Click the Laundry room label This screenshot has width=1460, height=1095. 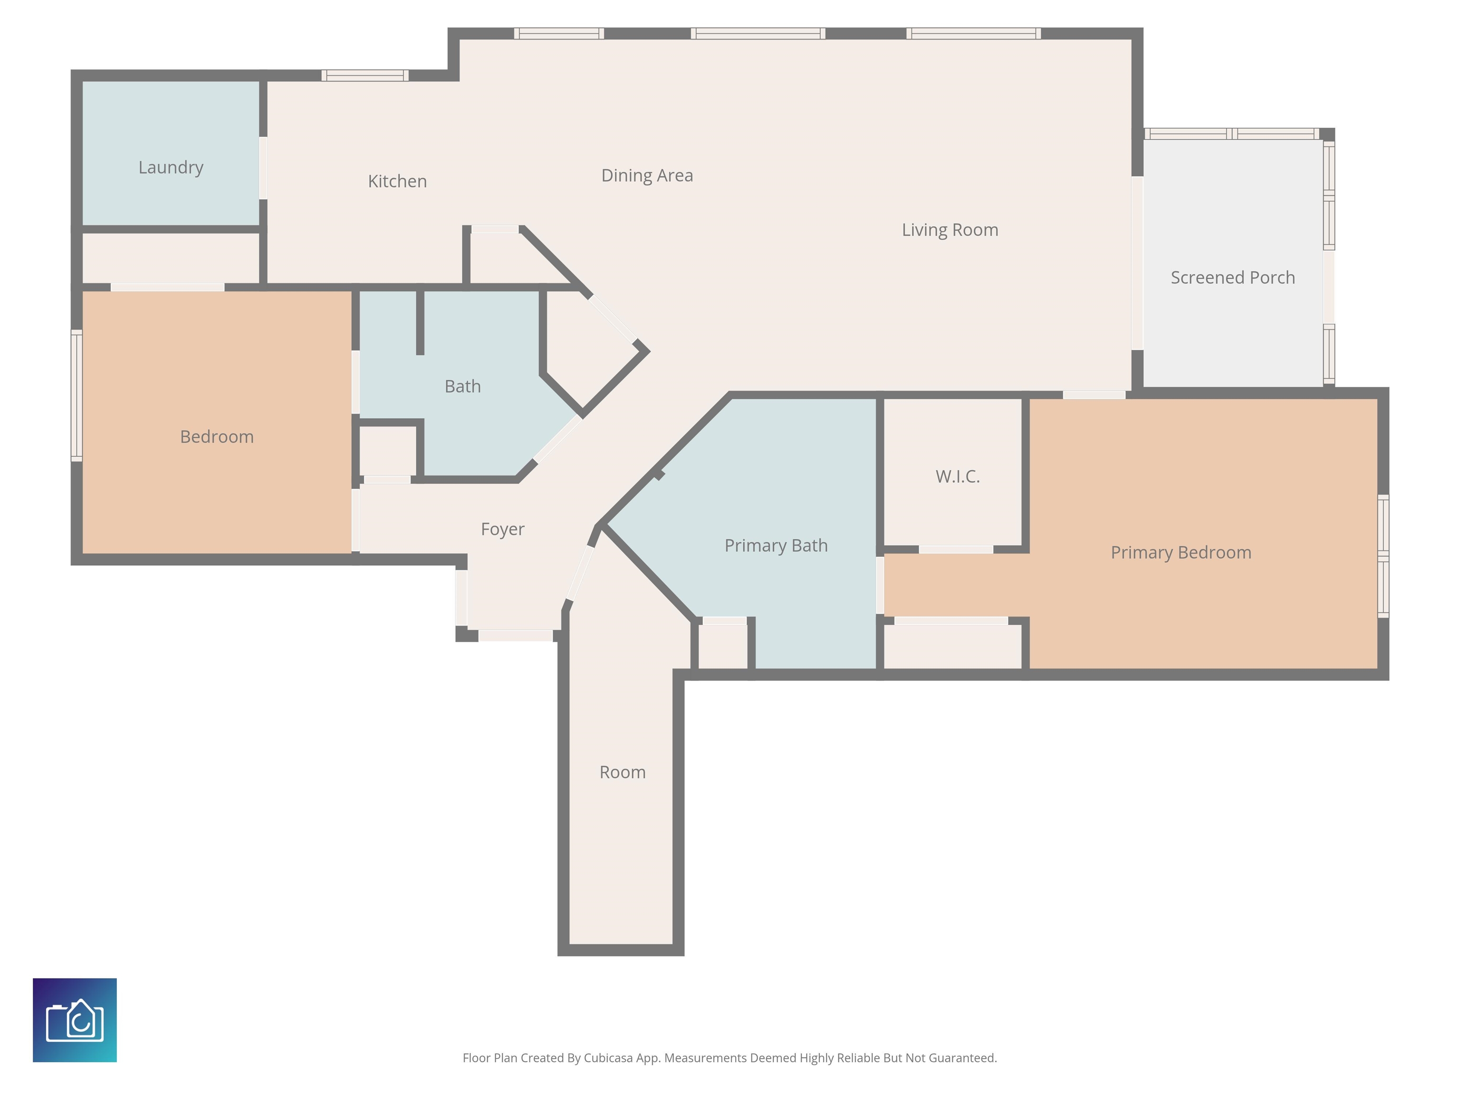171,168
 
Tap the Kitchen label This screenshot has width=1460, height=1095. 397,181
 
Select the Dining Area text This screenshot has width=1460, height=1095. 647,175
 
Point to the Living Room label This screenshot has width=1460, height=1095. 950,230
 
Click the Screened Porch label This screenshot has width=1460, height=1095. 1232,277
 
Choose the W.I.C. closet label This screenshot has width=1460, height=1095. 958,477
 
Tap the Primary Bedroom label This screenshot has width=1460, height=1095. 1181,552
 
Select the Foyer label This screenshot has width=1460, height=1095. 502,529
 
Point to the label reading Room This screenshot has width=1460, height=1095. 623,772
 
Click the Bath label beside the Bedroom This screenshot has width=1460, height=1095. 463,386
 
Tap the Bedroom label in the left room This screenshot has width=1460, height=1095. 217,436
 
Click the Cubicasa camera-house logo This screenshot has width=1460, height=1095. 75,1020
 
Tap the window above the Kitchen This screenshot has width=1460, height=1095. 365,75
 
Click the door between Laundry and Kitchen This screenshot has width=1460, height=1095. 263,168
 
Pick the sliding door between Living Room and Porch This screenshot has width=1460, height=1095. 1137,263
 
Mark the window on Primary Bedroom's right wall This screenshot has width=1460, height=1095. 1383,557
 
